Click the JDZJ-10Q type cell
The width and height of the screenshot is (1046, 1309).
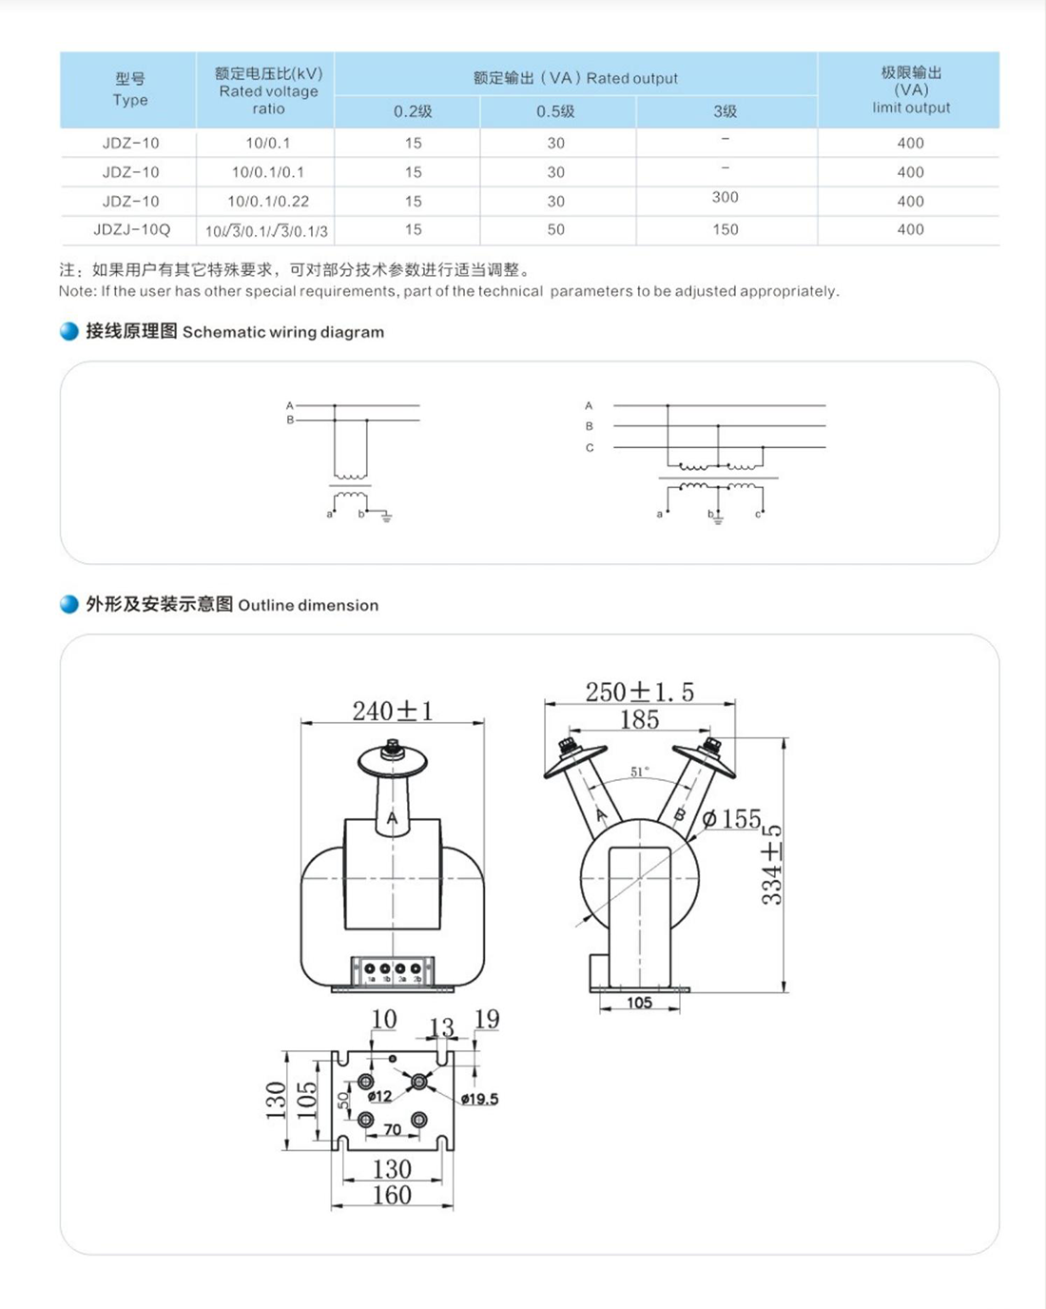pyautogui.click(x=131, y=229)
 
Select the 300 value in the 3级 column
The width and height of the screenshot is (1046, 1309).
pyautogui.click(x=725, y=197)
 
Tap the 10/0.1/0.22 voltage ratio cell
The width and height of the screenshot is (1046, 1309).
pyautogui.click(x=267, y=201)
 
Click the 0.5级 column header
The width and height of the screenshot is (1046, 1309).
pyautogui.click(x=555, y=111)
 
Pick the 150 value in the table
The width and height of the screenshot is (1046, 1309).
pyautogui.click(x=725, y=229)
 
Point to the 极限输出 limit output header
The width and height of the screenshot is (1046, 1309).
pyautogui.click(x=910, y=89)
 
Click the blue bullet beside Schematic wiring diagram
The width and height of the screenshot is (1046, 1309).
pyautogui.click(x=69, y=331)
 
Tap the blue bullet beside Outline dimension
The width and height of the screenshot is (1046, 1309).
pyautogui.click(x=69, y=604)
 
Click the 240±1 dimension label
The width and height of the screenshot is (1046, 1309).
pyautogui.click(x=392, y=711)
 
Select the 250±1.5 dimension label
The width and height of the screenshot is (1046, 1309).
pyautogui.click(x=639, y=692)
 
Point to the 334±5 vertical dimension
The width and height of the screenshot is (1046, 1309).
pyautogui.click(x=772, y=864)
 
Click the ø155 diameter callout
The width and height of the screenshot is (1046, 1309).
pyautogui.click(x=731, y=819)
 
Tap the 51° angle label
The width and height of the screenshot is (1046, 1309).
pyautogui.click(x=640, y=772)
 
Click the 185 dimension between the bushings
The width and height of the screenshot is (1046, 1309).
pyautogui.click(x=639, y=720)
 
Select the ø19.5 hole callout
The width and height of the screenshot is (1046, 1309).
pyautogui.click(x=479, y=1099)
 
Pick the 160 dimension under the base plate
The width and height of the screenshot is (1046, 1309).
pyautogui.click(x=392, y=1195)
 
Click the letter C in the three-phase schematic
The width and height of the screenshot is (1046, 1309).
pyautogui.click(x=590, y=447)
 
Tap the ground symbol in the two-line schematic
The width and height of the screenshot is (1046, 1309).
pyautogui.click(x=386, y=518)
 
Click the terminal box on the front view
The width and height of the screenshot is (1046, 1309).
pyautogui.click(x=393, y=971)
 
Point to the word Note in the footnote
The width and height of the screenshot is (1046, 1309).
pyautogui.click(x=77, y=291)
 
